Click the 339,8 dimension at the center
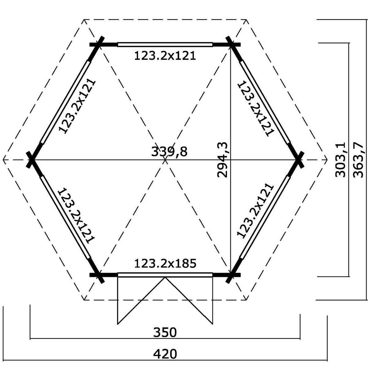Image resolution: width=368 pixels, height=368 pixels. click(169, 152)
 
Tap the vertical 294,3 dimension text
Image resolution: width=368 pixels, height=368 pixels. click(223, 160)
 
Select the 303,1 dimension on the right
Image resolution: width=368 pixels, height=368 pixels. click(340, 160)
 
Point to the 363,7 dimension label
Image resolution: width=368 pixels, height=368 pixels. click(358, 160)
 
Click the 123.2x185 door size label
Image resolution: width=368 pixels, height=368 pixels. click(165, 264)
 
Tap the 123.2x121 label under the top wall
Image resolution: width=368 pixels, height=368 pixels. click(165, 56)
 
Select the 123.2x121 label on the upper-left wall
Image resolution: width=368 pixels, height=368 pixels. click(77, 107)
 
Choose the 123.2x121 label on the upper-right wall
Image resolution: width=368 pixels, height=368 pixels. click(256, 108)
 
